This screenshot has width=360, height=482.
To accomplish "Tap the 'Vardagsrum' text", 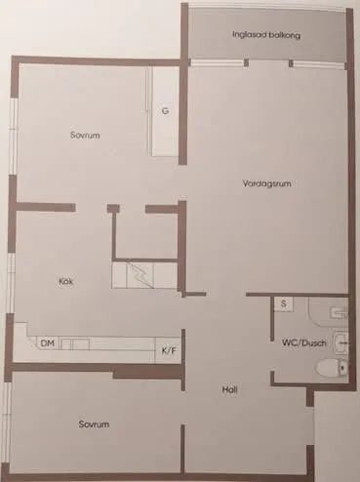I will pos(269,182).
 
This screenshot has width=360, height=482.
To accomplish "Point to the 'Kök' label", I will pos(66,282).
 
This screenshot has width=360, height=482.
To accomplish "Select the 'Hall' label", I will pos(230,390).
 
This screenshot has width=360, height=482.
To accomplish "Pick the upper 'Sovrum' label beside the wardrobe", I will pos(86,135).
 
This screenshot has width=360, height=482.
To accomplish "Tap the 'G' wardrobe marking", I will pos(166,111).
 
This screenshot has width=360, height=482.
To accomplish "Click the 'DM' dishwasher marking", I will pos(47,343).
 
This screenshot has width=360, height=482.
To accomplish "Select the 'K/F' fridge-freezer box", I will pos(168,348).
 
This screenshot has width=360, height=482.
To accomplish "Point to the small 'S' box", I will pos(282,304).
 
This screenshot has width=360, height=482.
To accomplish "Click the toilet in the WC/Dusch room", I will pos(332,367).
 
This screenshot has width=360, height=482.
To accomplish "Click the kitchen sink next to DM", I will pos(76,344).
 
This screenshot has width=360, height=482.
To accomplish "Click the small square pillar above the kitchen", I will pos(113,208).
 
